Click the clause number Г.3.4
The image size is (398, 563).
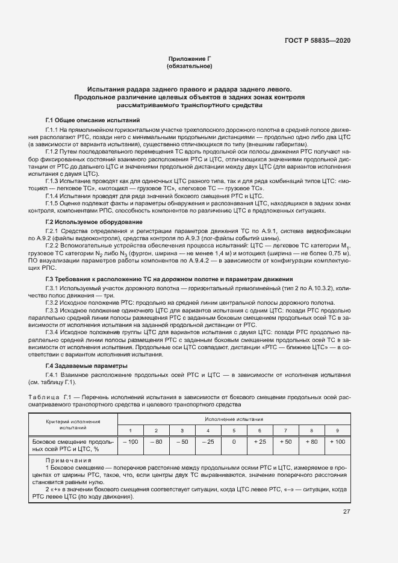coord(51,332)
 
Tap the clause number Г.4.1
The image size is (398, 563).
coord(51,375)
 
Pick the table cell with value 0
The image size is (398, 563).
coord(234,442)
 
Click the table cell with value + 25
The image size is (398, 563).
coord(260,442)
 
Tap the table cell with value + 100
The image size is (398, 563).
coord(337,442)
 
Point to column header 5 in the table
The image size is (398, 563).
coord(234,431)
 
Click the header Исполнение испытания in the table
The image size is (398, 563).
coord(234,419)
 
